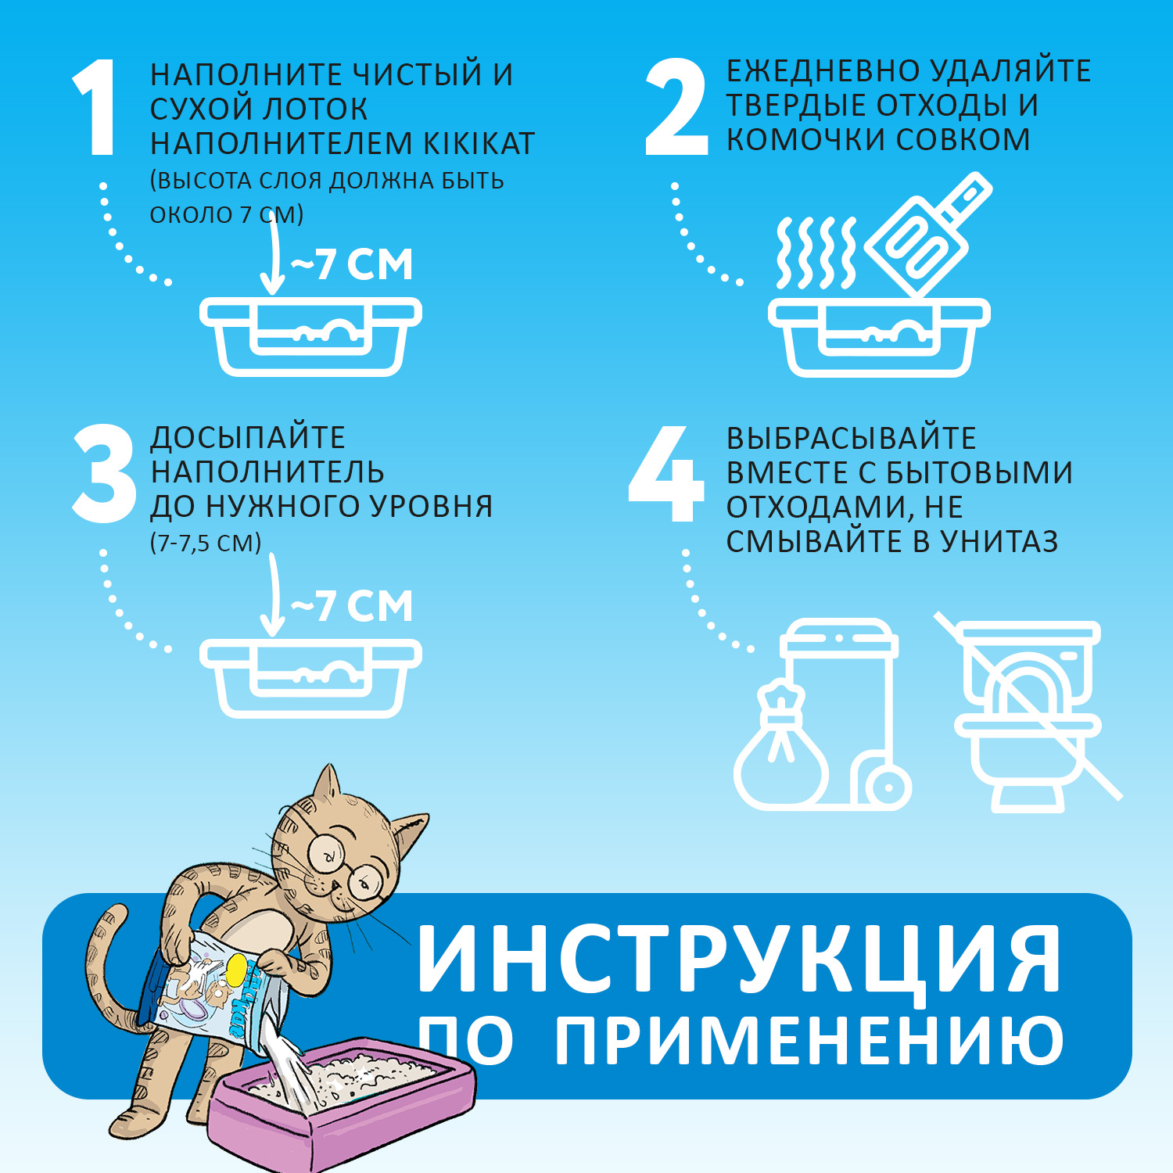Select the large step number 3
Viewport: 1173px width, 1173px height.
(105, 474)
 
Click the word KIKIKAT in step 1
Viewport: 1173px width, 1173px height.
(479, 144)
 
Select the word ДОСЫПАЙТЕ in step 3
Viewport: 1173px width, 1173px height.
(247, 437)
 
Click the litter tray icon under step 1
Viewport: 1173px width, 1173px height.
(310, 336)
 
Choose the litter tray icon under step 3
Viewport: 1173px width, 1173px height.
(310, 677)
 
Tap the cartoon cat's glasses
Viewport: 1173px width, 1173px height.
(344, 864)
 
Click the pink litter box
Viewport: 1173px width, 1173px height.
(344, 1103)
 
